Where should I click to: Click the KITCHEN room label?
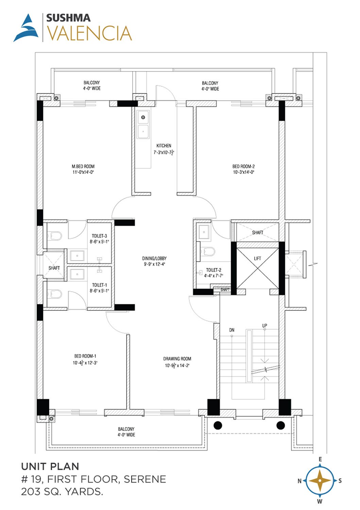pos(164,146)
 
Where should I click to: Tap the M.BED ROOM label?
pos(83,167)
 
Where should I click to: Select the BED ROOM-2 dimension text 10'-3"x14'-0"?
pos(243,172)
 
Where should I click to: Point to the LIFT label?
pos(257,258)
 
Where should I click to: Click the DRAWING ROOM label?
pos(177,359)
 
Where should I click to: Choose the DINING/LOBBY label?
pos(154,258)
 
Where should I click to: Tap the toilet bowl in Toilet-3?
pos(54,236)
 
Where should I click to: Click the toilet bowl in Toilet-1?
pos(54,294)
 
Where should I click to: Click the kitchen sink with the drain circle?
pos(143,117)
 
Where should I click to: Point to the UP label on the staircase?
pos(264,326)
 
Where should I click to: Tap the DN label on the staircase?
pos(232,330)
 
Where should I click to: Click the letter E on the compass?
pos(320,459)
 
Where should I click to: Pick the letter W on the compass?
pos(320,501)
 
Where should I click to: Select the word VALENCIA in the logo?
pos(89,33)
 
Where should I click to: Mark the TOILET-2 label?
pos(213,270)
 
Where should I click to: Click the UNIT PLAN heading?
pos(50,466)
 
